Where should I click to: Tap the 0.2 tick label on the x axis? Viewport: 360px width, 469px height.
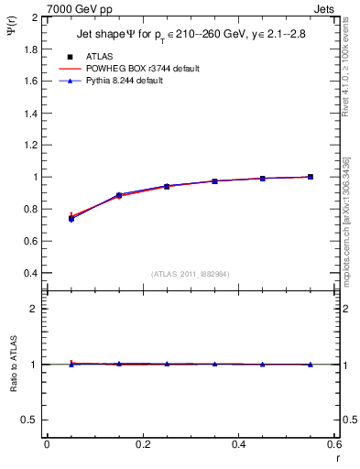point(142,444)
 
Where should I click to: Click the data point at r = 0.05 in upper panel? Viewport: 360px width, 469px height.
point(71,218)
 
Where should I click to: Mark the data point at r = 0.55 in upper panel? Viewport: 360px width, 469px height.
point(311,177)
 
